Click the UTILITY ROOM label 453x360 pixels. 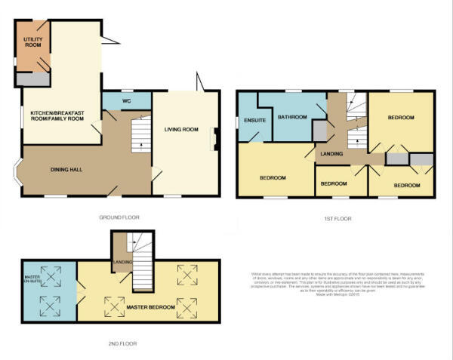(x=33, y=41)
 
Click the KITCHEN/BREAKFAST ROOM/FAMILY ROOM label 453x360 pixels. (x=56, y=117)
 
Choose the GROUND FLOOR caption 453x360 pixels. (x=119, y=217)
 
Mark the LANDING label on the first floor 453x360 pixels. (x=331, y=155)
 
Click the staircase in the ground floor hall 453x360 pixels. (x=140, y=135)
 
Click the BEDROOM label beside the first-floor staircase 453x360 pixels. (x=402, y=118)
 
